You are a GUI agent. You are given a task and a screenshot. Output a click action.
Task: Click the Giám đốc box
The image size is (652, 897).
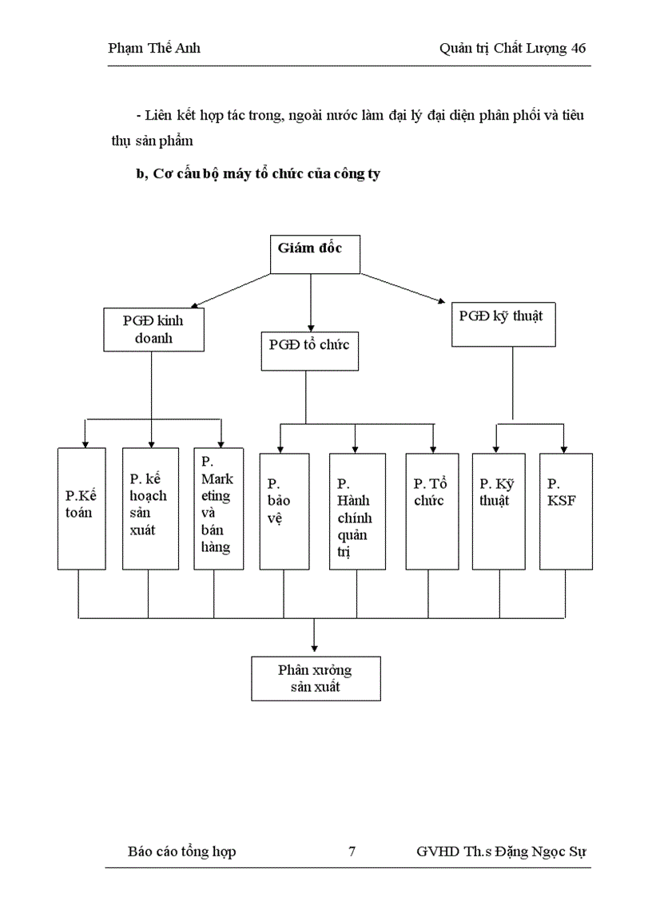310,254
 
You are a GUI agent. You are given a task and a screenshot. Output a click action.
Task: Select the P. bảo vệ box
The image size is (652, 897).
284,510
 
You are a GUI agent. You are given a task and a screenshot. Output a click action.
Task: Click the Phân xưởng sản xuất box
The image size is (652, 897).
316,678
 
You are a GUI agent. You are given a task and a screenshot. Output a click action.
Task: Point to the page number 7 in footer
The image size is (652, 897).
352,851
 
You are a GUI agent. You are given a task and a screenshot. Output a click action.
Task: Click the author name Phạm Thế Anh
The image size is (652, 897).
154,48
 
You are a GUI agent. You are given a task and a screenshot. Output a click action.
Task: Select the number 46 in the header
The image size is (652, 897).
579,48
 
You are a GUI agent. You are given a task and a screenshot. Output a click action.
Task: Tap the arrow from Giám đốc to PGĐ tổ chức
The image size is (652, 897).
310,304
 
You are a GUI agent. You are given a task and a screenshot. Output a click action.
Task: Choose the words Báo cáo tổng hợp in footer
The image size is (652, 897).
181,851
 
